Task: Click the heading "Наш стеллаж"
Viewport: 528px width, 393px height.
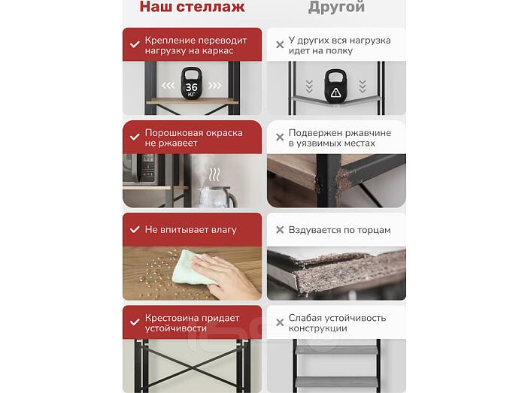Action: pos(192,7)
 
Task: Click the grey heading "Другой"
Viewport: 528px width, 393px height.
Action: pos(336,7)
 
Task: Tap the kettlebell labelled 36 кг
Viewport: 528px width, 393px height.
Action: pos(191,83)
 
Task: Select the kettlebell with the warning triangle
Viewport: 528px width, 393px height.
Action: pos(335,86)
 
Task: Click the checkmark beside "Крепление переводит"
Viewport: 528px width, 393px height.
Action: pos(135,44)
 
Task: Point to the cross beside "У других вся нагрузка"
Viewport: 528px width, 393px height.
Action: pos(280,45)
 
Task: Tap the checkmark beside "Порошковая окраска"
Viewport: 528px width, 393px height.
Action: pos(135,137)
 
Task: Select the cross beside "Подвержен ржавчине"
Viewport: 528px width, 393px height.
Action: pos(280,138)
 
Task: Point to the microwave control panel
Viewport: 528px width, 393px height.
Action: pos(148,167)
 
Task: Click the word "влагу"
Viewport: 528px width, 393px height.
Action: pos(224,230)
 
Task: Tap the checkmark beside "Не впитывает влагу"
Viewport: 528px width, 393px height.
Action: pos(135,229)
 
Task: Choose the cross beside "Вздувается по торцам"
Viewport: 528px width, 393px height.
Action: pos(280,230)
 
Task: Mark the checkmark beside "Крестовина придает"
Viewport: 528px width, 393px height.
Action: pos(135,322)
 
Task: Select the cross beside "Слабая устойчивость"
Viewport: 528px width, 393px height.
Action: pos(280,322)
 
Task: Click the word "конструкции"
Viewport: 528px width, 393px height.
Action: pos(317,328)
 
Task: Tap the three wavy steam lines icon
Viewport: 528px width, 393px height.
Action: pos(214,174)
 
